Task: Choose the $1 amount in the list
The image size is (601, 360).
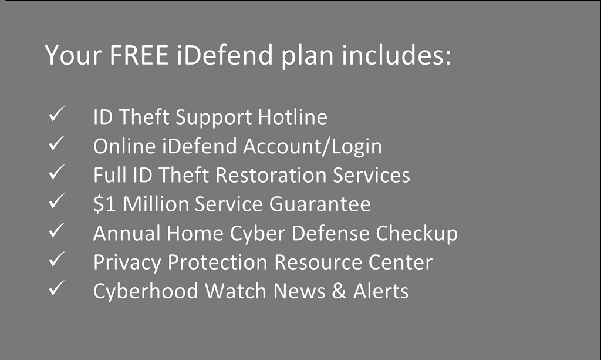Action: pos(104,204)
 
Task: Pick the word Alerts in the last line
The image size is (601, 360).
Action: pos(381,291)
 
